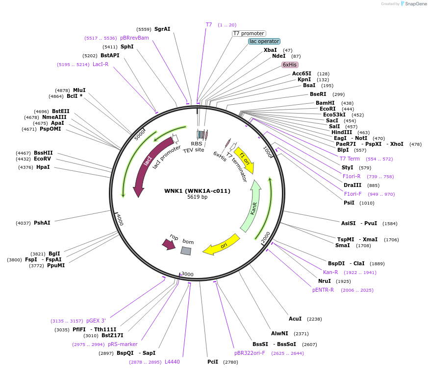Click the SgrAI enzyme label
[x=162, y=29]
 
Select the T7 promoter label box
[x=249, y=33]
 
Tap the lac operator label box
[x=264, y=42]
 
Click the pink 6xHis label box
[x=290, y=65]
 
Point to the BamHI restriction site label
[x=325, y=103]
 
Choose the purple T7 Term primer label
[x=350, y=159]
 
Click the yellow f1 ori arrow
[x=244, y=159]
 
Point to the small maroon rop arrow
[x=169, y=243]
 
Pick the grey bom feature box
[x=186, y=251]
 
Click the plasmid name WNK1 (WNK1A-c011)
[x=197, y=191]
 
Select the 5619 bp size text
[x=197, y=197]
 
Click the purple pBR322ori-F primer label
[x=250, y=352]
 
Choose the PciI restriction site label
[x=213, y=362]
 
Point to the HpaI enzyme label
[x=43, y=167]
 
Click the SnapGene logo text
[x=416, y=4]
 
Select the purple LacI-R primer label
[x=101, y=64]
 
